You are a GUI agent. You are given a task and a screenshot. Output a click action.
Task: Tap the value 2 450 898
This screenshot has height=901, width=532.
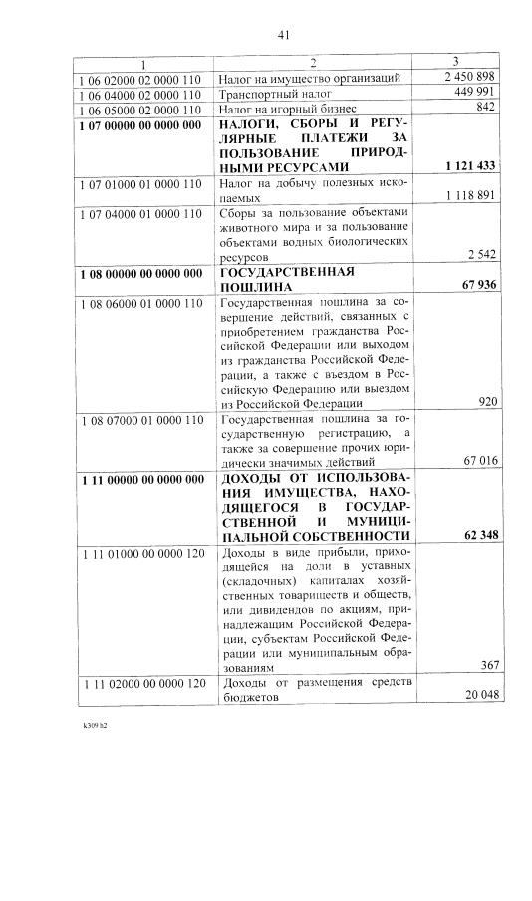470,77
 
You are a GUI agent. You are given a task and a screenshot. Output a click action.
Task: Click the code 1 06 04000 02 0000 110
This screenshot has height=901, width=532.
138,93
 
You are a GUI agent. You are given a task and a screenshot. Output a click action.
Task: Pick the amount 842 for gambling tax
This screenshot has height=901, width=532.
486,107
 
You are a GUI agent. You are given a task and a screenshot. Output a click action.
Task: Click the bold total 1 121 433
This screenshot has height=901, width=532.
465,165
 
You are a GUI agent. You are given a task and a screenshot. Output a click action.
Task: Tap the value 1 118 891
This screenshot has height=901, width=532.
465,196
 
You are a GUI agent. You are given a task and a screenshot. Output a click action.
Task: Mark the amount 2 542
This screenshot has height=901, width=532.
480,255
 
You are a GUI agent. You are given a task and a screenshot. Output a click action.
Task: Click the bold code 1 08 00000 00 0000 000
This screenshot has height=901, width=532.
138,272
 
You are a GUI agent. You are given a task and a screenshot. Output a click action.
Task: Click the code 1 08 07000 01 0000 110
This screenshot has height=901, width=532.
138,420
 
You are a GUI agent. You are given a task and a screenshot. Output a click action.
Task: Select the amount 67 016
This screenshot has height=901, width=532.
475,463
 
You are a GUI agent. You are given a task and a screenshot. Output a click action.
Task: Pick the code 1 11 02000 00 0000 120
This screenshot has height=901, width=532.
138,683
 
